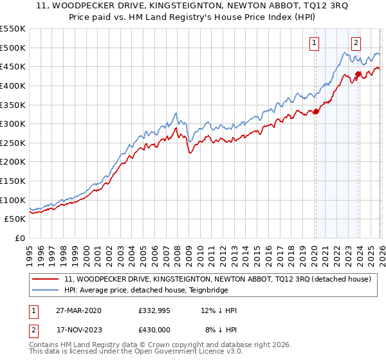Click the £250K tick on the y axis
[13, 143]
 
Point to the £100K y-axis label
[13, 200]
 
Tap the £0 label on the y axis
[20, 238]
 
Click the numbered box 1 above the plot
[315, 43]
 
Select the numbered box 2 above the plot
[356, 43]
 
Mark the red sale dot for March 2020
[316, 111]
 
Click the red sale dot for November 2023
[358, 74]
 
